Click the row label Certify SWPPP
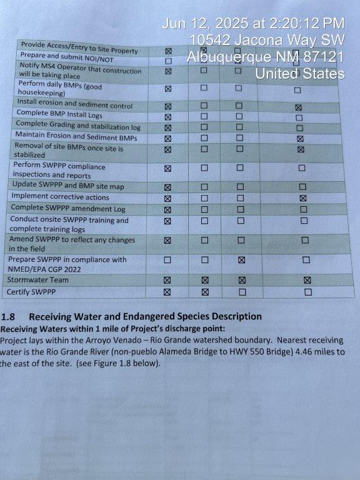[31, 292]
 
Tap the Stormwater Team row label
[38, 280]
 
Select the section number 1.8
[8, 316]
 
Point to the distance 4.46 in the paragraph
[306, 351]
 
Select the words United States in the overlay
[300, 74]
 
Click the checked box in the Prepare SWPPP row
[241, 260]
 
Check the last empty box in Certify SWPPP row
[308, 292]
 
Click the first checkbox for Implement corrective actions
[167, 198]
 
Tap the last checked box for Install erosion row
[299, 107]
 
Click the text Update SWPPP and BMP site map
[68, 186]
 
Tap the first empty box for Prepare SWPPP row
[167, 260]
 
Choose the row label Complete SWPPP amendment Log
[68, 208]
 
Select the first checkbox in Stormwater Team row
[167, 280]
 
